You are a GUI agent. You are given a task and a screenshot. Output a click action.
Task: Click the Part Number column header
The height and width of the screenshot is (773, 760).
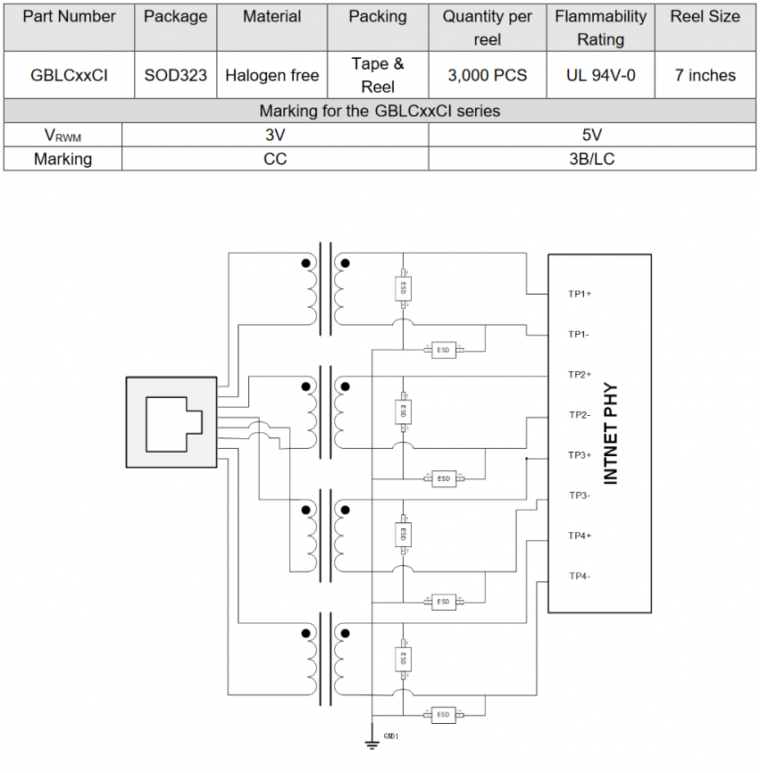tap(69, 17)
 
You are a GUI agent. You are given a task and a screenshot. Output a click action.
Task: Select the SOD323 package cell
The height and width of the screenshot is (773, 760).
tap(176, 76)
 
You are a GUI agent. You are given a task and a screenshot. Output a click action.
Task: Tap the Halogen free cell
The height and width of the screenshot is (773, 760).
tap(272, 76)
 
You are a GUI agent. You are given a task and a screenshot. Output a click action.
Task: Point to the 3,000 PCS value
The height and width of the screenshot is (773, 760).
tap(488, 76)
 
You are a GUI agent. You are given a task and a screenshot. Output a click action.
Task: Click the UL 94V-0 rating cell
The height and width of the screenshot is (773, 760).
tap(601, 76)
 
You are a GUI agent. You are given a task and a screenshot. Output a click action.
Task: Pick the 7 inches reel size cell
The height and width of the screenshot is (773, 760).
tap(706, 76)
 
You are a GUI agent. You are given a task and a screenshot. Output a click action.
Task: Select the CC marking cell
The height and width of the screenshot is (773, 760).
tap(275, 159)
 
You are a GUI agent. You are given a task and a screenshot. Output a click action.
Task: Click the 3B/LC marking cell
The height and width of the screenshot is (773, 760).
tap(592, 159)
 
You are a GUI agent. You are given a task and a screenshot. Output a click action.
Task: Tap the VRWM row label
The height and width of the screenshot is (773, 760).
tap(63, 136)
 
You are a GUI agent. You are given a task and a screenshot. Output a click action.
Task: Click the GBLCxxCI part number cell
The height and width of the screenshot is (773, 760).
tap(69, 76)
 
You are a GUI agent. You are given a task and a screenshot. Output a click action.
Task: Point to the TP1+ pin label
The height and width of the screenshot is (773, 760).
tap(580, 294)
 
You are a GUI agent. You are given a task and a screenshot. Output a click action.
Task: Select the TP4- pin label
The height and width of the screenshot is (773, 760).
tap(580, 576)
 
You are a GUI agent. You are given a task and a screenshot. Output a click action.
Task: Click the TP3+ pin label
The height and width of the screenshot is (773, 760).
tap(580, 455)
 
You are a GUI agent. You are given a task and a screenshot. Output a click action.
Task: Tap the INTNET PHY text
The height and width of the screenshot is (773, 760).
tap(611, 433)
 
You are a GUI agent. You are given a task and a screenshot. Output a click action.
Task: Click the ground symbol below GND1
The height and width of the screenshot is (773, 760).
tap(372, 744)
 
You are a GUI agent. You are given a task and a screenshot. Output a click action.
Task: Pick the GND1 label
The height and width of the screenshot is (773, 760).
tap(391, 736)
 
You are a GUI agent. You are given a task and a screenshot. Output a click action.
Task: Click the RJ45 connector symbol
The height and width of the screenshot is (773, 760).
tap(171, 422)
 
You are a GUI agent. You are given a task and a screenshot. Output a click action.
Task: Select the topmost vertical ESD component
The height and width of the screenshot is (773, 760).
tap(403, 288)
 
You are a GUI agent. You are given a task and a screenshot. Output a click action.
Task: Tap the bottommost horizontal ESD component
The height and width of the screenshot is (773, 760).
tap(443, 714)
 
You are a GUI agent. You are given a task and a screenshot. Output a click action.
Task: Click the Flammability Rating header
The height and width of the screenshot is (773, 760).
tap(601, 28)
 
